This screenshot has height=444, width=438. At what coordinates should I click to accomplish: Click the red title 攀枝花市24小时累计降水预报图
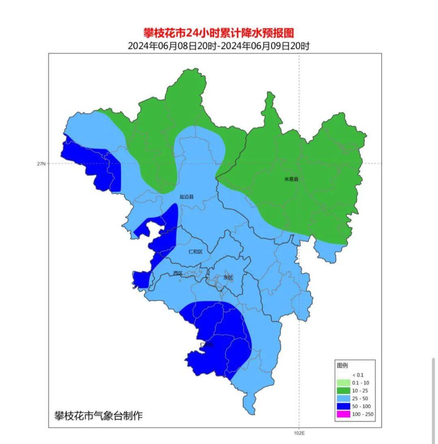pos(219,33)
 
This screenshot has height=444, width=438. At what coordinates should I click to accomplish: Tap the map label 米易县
pos(291,179)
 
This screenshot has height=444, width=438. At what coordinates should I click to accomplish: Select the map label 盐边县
pos(187,197)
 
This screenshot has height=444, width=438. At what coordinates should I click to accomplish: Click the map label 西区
pos(178,273)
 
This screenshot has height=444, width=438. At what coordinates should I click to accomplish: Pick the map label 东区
pos(228,277)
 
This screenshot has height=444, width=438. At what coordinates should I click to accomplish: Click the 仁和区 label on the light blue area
pos(195,252)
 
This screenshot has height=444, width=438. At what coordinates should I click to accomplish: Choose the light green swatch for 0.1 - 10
pos(343,383)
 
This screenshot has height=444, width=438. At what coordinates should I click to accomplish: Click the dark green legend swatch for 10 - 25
pos(343,391)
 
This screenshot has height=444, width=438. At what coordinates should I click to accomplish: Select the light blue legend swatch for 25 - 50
pos(343,398)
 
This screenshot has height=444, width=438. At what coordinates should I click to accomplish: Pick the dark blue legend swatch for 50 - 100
pos(343,406)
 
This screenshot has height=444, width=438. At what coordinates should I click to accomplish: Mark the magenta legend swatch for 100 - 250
pos(343,414)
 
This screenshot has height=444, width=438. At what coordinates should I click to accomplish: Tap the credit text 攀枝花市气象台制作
pos(99,416)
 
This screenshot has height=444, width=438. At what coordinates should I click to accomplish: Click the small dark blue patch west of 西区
pos(141,279)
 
